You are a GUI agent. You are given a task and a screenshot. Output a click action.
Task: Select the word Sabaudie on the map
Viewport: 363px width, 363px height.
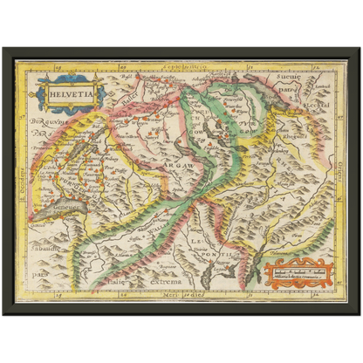[40, 234]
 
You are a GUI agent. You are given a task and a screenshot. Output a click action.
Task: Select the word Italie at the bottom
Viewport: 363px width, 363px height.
[127, 282]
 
